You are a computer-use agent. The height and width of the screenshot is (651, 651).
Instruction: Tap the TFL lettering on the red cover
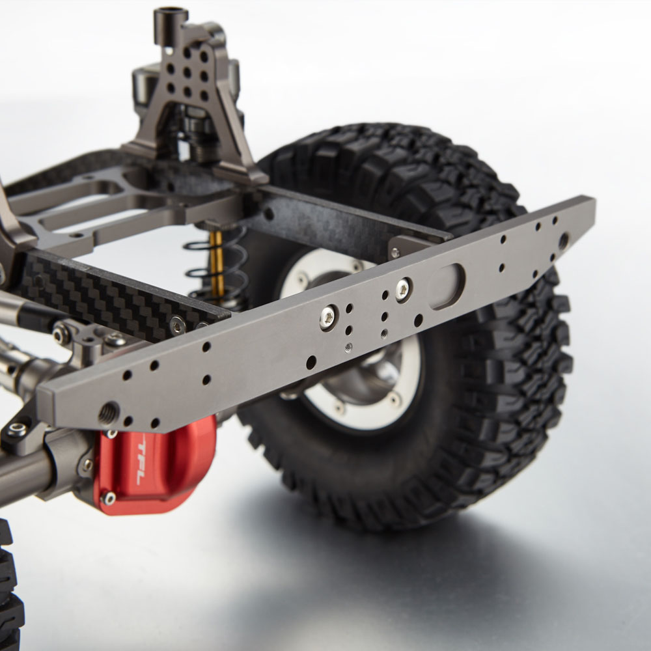(141, 464)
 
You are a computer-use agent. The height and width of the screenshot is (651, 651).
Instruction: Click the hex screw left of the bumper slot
(403, 290)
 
